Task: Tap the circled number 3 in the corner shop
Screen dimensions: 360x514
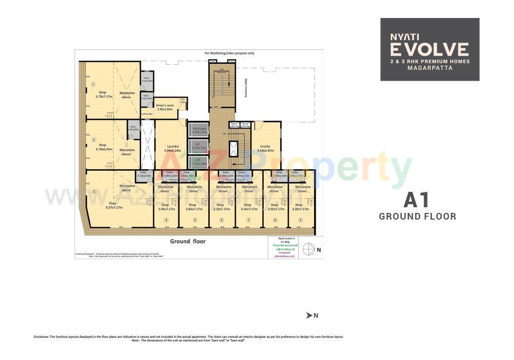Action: (x=94, y=191)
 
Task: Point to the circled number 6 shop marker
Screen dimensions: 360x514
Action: (x=222, y=220)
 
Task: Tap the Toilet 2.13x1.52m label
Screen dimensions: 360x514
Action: (x=144, y=174)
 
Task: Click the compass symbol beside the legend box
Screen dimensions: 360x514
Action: (x=309, y=249)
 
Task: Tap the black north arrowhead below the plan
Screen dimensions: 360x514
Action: (x=309, y=315)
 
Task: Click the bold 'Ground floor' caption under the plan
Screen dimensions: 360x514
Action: (x=188, y=241)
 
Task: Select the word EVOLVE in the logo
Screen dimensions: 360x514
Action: (x=429, y=49)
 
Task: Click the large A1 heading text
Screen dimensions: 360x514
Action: (x=417, y=200)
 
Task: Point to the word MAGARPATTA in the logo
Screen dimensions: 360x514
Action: (x=430, y=68)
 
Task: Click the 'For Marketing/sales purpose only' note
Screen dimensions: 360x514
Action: (x=229, y=53)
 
